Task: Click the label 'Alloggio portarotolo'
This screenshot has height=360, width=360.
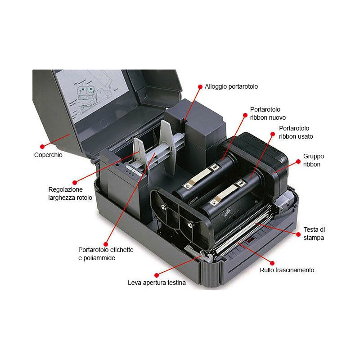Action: coord(231,86)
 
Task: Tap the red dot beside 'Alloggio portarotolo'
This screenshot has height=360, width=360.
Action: coord(200,86)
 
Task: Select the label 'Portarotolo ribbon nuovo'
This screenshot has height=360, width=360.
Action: coord(268,113)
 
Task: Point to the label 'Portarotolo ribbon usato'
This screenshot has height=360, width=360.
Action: coord(296,132)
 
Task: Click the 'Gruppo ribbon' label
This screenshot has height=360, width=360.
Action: coord(313,160)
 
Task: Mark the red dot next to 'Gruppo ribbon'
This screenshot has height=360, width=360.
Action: coord(298,162)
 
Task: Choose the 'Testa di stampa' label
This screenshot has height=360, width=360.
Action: coord(314,234)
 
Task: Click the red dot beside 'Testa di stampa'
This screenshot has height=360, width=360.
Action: coord(298,234)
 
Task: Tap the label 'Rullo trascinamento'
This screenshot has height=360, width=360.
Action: coord(287,270)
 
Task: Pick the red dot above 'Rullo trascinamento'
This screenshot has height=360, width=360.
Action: coord(272,263)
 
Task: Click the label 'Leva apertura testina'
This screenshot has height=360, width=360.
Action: coord(157,283)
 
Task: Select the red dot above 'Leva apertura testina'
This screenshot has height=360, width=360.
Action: coord(157,275)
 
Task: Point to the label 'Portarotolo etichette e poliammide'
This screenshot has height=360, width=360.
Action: coord(106,254)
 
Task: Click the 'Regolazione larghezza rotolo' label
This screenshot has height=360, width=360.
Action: coord(70,193)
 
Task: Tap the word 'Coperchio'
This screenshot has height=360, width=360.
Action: coord(48,155)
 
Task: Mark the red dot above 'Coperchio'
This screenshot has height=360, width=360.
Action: coord(42,146)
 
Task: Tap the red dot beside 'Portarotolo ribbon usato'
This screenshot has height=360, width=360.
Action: coord(273,134)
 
